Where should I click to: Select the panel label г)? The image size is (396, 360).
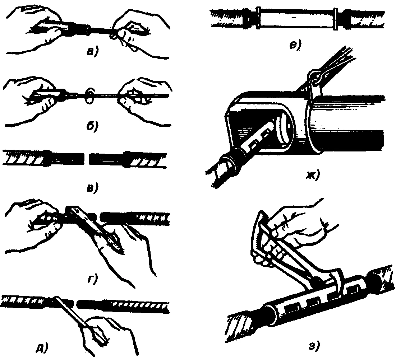92,280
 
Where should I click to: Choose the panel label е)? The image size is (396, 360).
295,46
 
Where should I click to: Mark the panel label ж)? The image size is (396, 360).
313,174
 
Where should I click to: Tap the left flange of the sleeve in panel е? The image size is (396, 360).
258,18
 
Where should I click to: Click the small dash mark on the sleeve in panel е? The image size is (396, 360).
294,18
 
